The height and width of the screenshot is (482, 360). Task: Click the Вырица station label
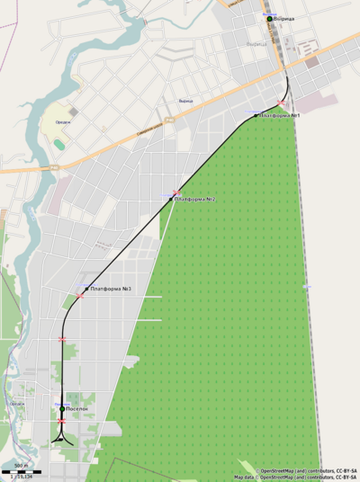284,18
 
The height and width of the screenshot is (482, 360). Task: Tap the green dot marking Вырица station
269,18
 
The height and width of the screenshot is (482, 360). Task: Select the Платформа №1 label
279,115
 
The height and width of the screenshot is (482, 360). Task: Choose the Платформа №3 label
112,289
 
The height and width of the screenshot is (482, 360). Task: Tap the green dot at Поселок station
62,409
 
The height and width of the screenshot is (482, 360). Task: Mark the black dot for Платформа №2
171,199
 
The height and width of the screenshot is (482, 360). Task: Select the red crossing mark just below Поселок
61,421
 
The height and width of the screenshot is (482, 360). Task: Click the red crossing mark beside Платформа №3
80,295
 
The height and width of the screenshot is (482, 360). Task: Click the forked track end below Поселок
62,437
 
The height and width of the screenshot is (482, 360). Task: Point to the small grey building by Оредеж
73,112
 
